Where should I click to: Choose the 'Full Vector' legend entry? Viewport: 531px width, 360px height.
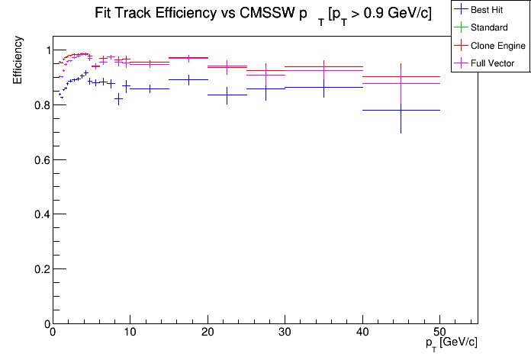click(492, 63)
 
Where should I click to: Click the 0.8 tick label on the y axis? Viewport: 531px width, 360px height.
click(39, 105)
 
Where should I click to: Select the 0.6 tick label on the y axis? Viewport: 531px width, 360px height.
click(39, 160)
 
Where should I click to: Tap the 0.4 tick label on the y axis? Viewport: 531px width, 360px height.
click(39, 215)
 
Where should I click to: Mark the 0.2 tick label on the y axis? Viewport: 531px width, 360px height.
click(39, 269)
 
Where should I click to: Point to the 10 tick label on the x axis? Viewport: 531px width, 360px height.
click(130, 333)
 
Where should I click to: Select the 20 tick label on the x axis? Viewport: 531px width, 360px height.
click(207, 333)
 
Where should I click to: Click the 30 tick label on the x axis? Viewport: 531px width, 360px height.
click(285, 333)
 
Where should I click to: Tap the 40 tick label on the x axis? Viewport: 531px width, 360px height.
click(362, 333)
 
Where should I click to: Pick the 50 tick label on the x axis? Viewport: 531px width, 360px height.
click(439, 333)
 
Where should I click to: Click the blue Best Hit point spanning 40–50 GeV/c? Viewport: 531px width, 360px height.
click(401, 110)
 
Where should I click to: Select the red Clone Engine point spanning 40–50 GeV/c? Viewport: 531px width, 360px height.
click(401, 76)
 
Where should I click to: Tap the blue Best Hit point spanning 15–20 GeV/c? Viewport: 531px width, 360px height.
click(188, 79)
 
